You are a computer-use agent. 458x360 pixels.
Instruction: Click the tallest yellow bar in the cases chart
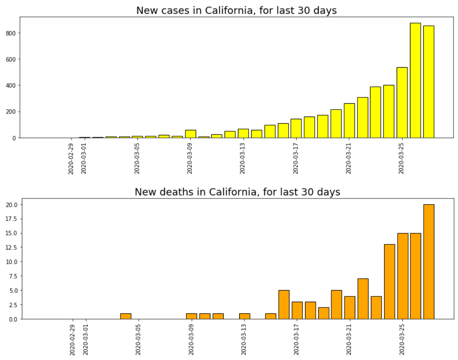[415, 80]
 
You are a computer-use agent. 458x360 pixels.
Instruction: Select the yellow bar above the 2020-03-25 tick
[402, 102]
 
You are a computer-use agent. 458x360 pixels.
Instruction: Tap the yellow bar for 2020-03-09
[190, 133]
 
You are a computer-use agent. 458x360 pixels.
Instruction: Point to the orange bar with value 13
[389, 282]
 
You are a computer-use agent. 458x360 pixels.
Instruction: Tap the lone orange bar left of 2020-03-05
[125, 316]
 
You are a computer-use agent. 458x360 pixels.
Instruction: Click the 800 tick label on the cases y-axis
[10, 33]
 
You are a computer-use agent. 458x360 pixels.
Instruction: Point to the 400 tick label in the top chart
[10, 85]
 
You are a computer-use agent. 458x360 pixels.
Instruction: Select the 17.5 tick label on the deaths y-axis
[11, 219]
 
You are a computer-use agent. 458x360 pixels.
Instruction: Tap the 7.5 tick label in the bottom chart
[12, 276]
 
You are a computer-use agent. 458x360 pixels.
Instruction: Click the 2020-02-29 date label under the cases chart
[71, 158]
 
